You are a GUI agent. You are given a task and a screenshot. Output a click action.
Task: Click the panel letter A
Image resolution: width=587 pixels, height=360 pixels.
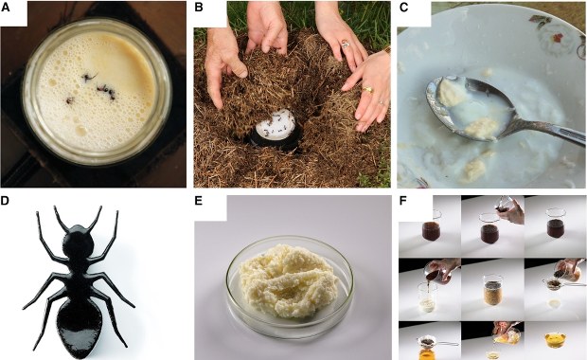(6, 8)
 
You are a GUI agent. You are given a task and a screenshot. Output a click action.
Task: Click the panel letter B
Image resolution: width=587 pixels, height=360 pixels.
(199, 8)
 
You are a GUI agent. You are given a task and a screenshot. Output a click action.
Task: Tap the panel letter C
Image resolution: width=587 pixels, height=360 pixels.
(403, 8)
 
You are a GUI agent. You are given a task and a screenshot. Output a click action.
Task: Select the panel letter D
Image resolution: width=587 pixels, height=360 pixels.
(5, 201)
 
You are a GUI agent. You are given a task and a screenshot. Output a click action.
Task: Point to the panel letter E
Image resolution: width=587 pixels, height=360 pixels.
(199, 201)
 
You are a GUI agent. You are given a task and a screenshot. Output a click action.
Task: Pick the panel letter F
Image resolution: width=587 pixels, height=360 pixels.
(403, 201)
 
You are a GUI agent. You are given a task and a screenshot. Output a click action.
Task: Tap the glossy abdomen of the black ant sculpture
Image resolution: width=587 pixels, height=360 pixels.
(80, 327)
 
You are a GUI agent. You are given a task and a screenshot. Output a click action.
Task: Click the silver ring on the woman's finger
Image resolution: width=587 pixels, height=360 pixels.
(346, 44)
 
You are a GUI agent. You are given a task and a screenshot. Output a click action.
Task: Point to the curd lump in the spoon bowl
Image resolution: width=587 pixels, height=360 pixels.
(450, 92)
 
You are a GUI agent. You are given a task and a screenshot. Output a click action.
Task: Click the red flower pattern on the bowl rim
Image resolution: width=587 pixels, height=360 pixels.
(558, 38)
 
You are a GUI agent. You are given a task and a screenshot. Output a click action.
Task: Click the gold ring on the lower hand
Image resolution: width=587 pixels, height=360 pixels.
(367, 90)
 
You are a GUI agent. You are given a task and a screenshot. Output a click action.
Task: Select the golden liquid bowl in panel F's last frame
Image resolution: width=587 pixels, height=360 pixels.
(555, 339)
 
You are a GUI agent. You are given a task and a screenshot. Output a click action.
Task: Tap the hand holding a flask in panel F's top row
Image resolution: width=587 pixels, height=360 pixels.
(510, 210)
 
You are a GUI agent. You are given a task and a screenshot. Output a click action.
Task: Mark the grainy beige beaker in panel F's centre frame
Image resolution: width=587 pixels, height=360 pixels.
(492, 291)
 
